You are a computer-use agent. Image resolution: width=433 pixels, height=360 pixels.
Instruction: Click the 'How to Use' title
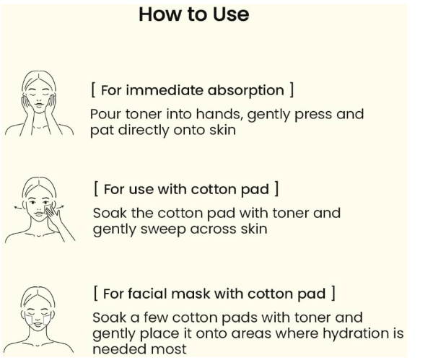[194, 14]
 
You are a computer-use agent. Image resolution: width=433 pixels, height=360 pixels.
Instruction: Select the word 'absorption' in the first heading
[246, 91]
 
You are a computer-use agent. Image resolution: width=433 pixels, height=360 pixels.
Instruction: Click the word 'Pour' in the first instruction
[106, 114]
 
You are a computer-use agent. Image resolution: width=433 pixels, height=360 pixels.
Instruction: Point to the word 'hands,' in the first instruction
[220, 114]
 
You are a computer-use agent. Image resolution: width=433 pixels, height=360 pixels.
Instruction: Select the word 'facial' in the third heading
[147, 294]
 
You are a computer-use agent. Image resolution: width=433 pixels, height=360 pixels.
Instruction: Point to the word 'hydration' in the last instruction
[357, 333]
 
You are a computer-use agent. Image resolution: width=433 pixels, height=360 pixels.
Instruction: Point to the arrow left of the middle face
[19, 207]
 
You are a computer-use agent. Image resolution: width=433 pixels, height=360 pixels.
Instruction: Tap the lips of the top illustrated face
[39, 105]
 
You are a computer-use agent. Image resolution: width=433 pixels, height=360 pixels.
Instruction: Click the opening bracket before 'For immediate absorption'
[93, 89]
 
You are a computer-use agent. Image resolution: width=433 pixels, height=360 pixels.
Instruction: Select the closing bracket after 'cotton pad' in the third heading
[333, 293]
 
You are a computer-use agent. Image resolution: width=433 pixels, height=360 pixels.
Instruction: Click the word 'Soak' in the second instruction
[110, 213]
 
